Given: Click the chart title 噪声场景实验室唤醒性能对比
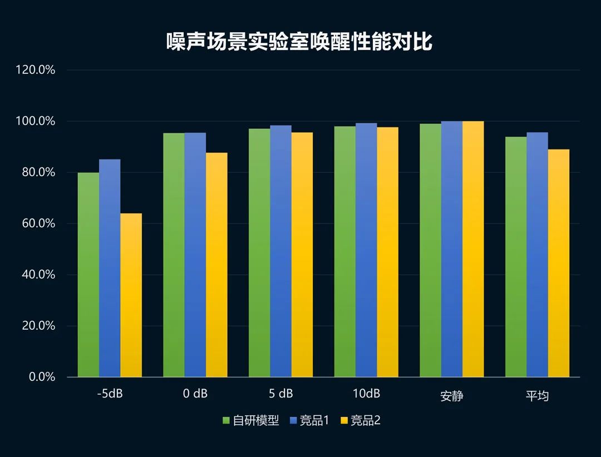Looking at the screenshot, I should click(299, 42).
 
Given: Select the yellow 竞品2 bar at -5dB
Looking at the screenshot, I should click(131, 295).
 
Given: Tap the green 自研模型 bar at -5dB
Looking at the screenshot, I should click(88, 275).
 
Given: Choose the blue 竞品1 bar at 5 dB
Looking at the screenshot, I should click(280, 251).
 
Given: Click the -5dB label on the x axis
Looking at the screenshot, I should click(110, 394).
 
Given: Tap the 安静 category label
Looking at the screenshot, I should click(451, 396).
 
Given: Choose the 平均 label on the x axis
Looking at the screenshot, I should click(537, 396).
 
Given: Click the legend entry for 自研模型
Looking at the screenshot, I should click(250, 421).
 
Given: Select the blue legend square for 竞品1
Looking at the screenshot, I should click(294, 421).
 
